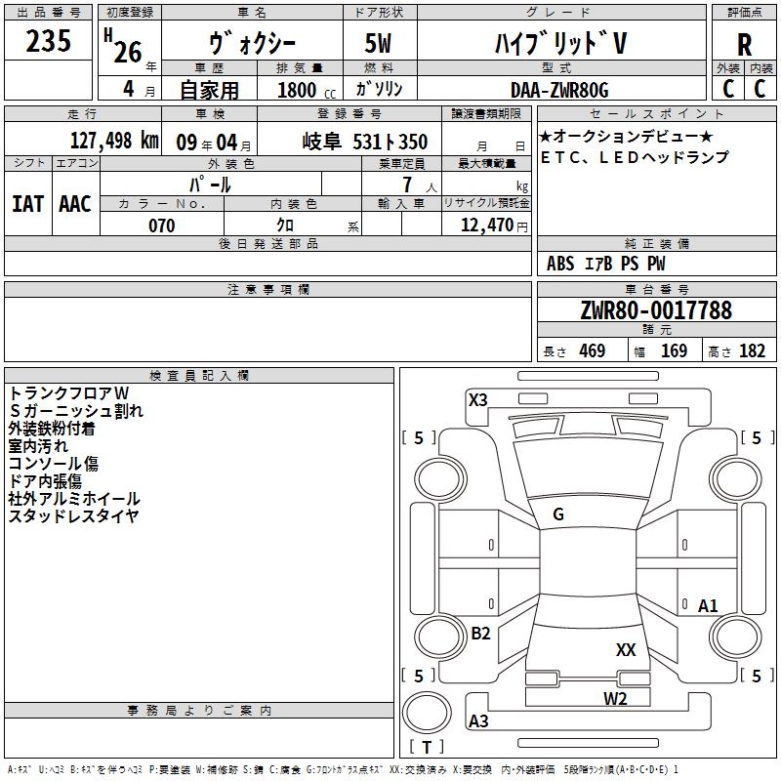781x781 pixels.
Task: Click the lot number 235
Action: (x=48, y=40)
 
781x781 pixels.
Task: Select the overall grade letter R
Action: (x=744, y=45)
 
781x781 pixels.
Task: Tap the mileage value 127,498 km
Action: (x=114, y=141)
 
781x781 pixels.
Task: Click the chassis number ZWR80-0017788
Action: (x=656, y=309)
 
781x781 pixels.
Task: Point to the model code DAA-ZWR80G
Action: (x=559, y=90)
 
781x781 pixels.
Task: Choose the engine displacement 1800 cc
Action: (x=307, y=90)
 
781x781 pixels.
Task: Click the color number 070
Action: (x=162, y=226)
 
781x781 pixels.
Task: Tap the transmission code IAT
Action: (x=27, y=204)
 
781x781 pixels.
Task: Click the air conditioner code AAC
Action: (x=75, y=204)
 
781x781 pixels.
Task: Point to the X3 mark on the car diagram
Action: (x=477, y=399)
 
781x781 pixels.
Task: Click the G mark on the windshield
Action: (x=558, y=514)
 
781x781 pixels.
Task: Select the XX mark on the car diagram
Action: (x=626, y=649)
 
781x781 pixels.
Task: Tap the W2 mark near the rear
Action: (x=615, y=698)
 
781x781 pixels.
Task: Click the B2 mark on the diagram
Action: (x=480, y=633)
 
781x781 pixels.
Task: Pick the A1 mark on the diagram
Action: (x=708, y=605)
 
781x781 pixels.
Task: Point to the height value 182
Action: (x=752, y=350)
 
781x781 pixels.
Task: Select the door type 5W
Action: (x=378, y=43)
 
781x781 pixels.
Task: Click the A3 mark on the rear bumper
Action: (x=478, y=720)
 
